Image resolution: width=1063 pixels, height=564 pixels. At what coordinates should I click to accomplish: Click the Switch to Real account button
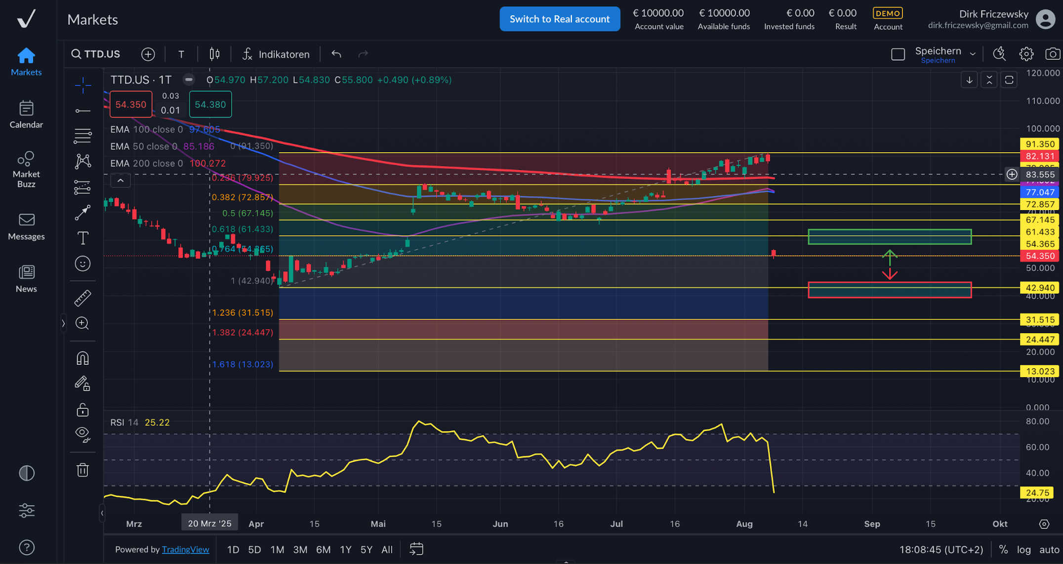pyautogui.click(x=559, y=19)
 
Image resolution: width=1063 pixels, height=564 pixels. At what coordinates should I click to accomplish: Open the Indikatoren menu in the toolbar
pyautogui.click(x=276, y=54)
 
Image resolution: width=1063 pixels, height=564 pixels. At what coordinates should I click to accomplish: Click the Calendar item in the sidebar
pyautogui.click(x=26, y=115)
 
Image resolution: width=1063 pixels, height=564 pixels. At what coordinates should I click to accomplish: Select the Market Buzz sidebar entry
pyautogui.click(x=26, y=169)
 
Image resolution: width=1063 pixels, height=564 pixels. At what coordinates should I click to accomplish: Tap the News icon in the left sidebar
pyautogui.click(x=26, y=278)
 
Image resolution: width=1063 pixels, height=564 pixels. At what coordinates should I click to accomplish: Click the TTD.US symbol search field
pyautogui.click(x=96, y=54)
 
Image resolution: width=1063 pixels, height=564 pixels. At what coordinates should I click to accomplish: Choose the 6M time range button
pyautogui.click(x=323, y=550)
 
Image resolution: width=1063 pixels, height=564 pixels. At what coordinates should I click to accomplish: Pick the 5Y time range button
pyautogui.click(x=366, y=550)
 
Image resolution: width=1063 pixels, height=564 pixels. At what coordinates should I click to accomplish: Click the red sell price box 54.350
pyautogui.click(x=131, y=104)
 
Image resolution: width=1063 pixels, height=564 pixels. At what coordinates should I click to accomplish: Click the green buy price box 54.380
pyautogui.click(x=210, y=104)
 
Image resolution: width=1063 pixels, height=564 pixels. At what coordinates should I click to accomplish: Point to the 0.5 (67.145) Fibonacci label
pyautogui.click(x=247, y=214)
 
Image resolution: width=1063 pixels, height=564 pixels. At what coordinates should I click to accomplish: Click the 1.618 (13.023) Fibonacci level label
pyautogui.click(x=243, y=364)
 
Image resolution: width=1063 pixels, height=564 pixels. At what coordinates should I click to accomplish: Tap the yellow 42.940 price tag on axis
pyautogui.click(x=1040, y=288)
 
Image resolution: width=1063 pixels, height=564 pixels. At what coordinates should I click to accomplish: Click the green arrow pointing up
pyautogui.click(x=890, y=257)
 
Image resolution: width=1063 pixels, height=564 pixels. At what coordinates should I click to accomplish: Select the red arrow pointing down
pyautogui.click(x=890, y=273)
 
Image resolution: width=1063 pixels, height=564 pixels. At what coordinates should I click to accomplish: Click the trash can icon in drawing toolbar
pyautogui.click(x=82, y=470)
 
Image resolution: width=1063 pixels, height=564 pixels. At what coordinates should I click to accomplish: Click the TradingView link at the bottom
pyautogui.click(x=185, y=550)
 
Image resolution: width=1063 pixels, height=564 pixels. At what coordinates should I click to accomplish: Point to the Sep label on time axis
pyautogui.click(x=872, y=524)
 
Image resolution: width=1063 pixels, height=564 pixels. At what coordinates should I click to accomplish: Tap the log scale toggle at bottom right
pyautogui.click(x=1023, y=550)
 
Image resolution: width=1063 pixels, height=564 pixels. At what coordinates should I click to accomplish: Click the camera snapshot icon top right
pyautogui.click(x=1052, y=54)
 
